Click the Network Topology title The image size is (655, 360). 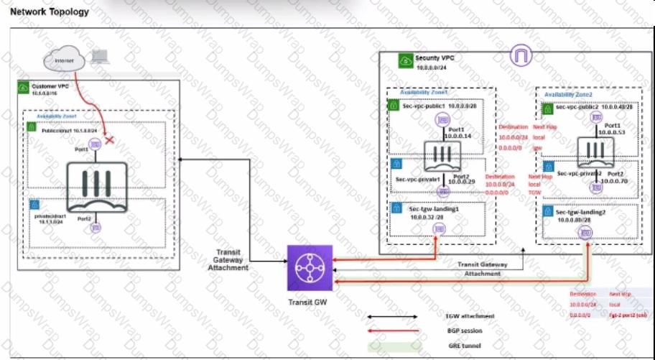click(50, 11)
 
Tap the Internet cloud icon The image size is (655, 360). click(64, 61)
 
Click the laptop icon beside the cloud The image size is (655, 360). click(100, 57)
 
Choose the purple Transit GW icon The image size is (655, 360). click(310, 266)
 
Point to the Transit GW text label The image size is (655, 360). click(309, 301)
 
